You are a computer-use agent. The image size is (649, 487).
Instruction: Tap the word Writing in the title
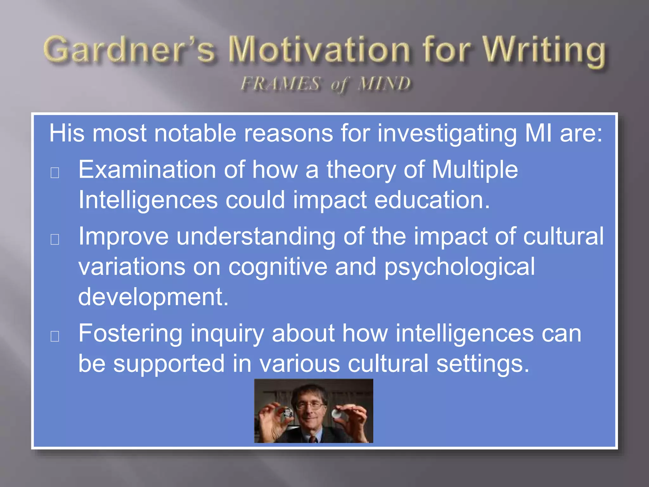(544, 51)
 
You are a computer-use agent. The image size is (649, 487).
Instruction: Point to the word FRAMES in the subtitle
(280, 84)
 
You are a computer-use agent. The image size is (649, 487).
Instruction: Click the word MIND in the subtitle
(384, 84)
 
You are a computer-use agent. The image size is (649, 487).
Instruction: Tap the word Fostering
(130, 334)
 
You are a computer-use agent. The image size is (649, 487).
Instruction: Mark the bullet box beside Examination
(55, 173)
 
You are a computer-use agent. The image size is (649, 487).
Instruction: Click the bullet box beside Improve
(55, 240)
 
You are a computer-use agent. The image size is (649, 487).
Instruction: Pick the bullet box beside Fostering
(55, 336)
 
